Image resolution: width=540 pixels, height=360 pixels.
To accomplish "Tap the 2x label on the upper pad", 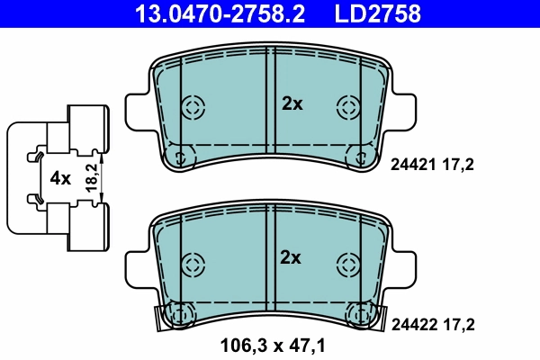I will point(292,103).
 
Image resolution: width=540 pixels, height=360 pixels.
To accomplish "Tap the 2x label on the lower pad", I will point(292,258).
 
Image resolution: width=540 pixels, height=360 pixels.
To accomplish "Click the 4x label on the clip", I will point(60,178).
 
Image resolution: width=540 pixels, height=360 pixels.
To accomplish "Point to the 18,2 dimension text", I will point(92,177).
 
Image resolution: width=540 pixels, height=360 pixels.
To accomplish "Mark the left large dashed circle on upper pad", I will point(192,107).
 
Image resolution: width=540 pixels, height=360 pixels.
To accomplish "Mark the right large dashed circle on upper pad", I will point(347,107).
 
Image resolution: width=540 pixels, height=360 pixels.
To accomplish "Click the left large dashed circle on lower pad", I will point(192,265).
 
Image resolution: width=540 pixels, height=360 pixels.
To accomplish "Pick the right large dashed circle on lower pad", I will point(347,265).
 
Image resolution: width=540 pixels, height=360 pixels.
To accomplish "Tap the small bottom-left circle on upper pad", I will point(180,157).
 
